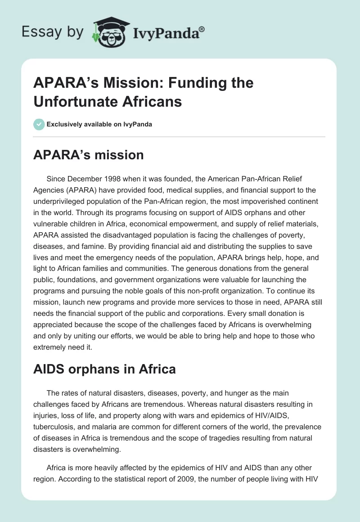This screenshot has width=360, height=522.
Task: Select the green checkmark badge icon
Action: (x=39, y=124)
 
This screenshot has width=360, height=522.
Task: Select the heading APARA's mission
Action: (x=89, y=155)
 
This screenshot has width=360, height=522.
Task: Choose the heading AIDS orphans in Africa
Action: (x=104, y=369)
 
